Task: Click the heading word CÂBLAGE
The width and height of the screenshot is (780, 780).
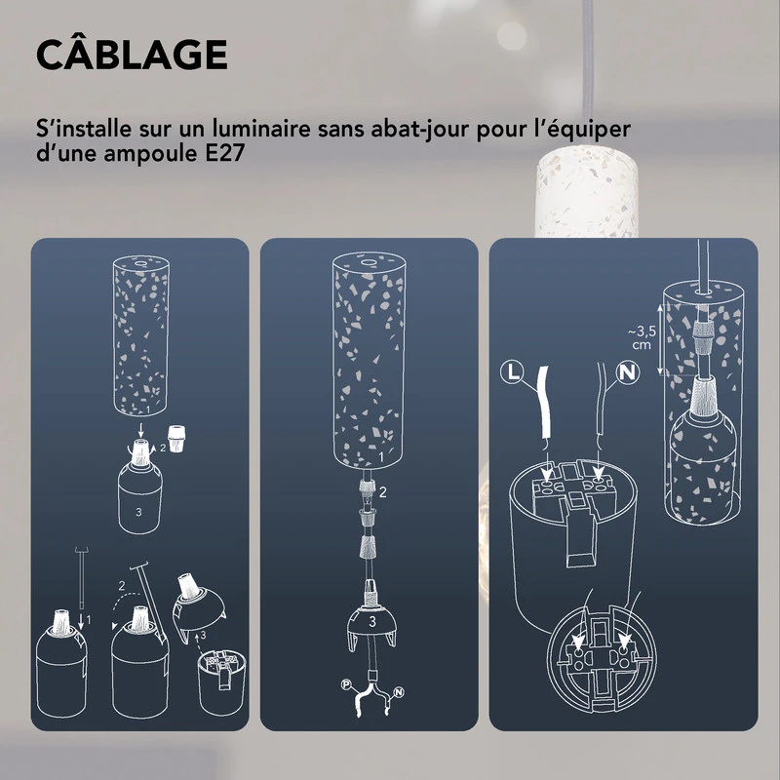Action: (x=132, y=56)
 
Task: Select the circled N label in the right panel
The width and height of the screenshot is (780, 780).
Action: (x=627, y=371)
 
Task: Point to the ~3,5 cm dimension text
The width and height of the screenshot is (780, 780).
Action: (x=640, y=337)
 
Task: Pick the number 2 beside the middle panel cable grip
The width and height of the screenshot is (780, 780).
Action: (x=383, y=492)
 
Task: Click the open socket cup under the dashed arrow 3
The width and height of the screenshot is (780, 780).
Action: (x=221, y=682)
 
